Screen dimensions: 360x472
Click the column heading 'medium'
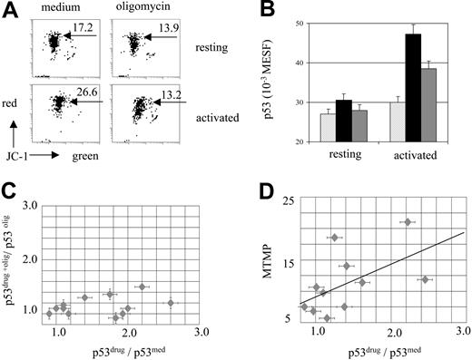click(55, 10)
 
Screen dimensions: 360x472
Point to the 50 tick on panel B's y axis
click(300, 23)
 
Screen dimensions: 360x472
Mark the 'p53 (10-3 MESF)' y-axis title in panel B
click(276, 86)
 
